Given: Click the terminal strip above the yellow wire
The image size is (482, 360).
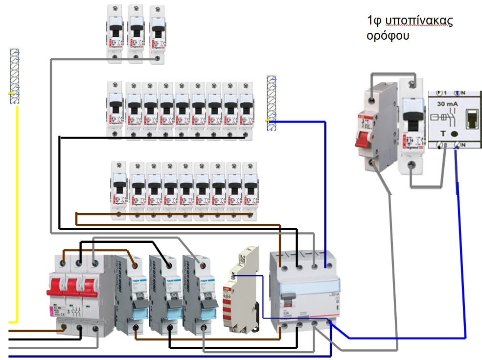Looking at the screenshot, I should tap(15, 76).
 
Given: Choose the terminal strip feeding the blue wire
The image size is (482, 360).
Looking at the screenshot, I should tap(271, 103).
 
